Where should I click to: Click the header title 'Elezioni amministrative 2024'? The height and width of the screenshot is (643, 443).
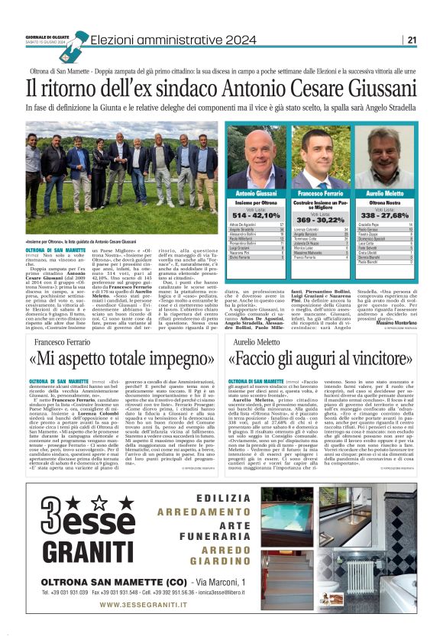pos(161,40)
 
